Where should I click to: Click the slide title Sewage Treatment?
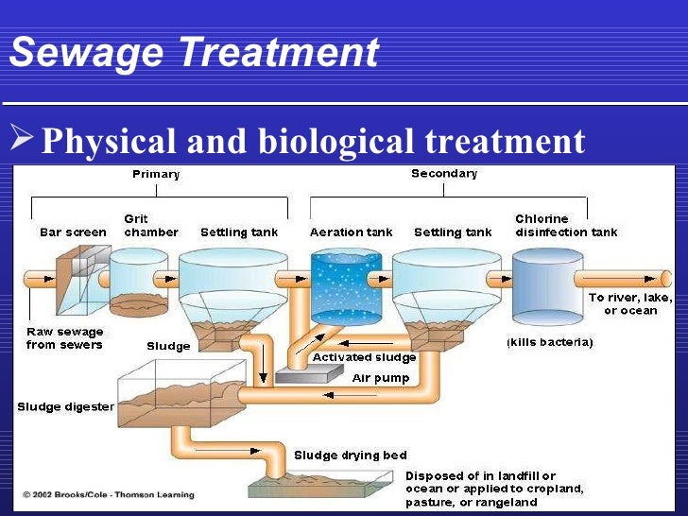(193, 53)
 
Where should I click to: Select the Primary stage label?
(156, 174)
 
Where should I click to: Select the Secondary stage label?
(444, 174)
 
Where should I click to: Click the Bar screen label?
(73, 232)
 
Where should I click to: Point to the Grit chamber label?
(150, 226)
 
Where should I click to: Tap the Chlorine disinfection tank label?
(566, 226)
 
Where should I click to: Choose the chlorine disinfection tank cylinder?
(547, 288)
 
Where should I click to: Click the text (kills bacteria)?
(549, 342)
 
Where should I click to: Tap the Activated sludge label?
(364, 358)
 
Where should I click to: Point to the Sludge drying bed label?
(339, 455)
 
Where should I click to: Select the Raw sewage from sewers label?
(63, 338)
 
